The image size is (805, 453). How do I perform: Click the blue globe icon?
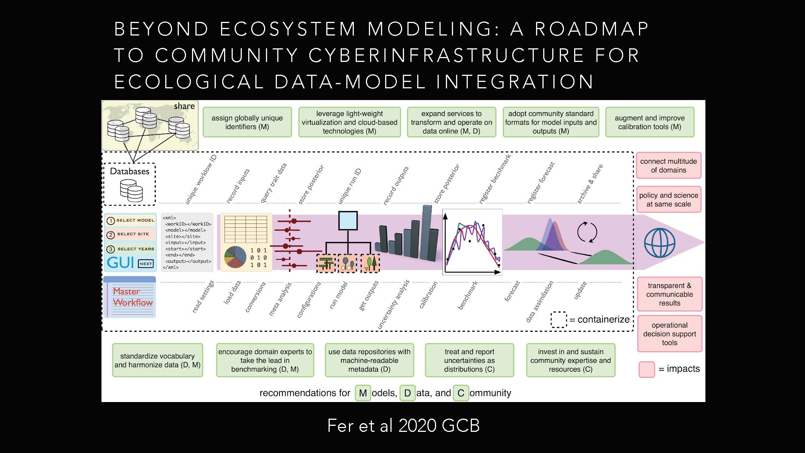coord(660,243)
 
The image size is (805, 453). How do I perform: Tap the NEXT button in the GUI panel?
coord(146,263)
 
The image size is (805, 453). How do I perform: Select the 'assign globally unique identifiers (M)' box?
coord(247,122)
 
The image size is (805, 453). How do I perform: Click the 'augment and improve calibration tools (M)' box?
coord(650,122)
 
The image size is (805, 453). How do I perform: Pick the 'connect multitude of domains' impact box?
coord(668,165)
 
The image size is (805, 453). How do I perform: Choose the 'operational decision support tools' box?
coord(670,334)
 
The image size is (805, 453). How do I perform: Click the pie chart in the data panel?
coord(235,257)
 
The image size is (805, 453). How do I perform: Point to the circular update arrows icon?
coord(587,232)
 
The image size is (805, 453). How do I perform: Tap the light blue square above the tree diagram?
coord(348,220)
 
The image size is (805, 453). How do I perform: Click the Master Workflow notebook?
coord(129,297)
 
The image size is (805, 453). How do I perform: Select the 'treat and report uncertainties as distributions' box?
coord(469,360)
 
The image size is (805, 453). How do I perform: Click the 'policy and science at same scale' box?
coord(668,199)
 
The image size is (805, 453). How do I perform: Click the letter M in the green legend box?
coord(363,393)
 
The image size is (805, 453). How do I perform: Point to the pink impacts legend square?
coord(647,369)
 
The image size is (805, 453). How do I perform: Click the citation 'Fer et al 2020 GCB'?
coord(403,426)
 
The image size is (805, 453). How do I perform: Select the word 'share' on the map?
coord(184,106)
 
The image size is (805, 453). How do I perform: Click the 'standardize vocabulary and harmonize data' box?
coord(158,360)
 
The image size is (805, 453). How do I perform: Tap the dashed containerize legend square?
coord(559,319)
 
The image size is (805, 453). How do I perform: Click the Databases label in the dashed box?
coord(129,171)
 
